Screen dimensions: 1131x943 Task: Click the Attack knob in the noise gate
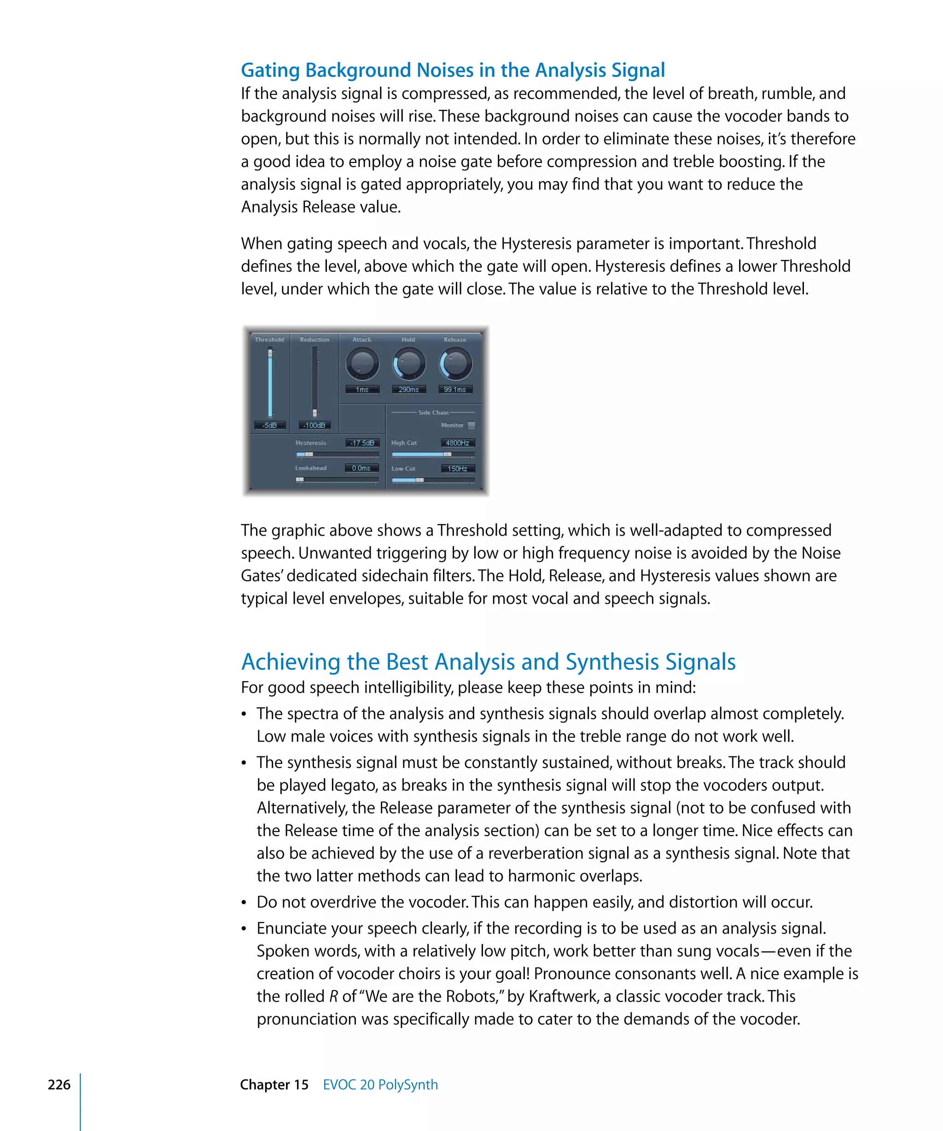(362, 364)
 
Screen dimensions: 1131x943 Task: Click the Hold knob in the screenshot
(409, 364)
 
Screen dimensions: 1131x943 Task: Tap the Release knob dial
(456, 364)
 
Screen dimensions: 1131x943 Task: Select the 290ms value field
(409, 389)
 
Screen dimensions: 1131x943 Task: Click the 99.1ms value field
(455, 389)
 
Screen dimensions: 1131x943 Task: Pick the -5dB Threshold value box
(270, 426)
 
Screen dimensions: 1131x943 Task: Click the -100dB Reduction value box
(314, 426)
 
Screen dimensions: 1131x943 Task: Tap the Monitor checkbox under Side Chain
(471, 426)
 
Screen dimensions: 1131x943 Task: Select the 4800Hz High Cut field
(458, 443)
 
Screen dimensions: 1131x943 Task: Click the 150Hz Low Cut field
(458, 468)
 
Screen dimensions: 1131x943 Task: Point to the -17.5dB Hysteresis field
(362, 443)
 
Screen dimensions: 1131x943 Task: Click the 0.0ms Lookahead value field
(361, 468)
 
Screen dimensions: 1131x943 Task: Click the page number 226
(59, 1085)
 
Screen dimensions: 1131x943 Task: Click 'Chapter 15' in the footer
(274, 1085)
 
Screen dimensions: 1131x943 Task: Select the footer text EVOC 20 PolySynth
(380, 1085)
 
